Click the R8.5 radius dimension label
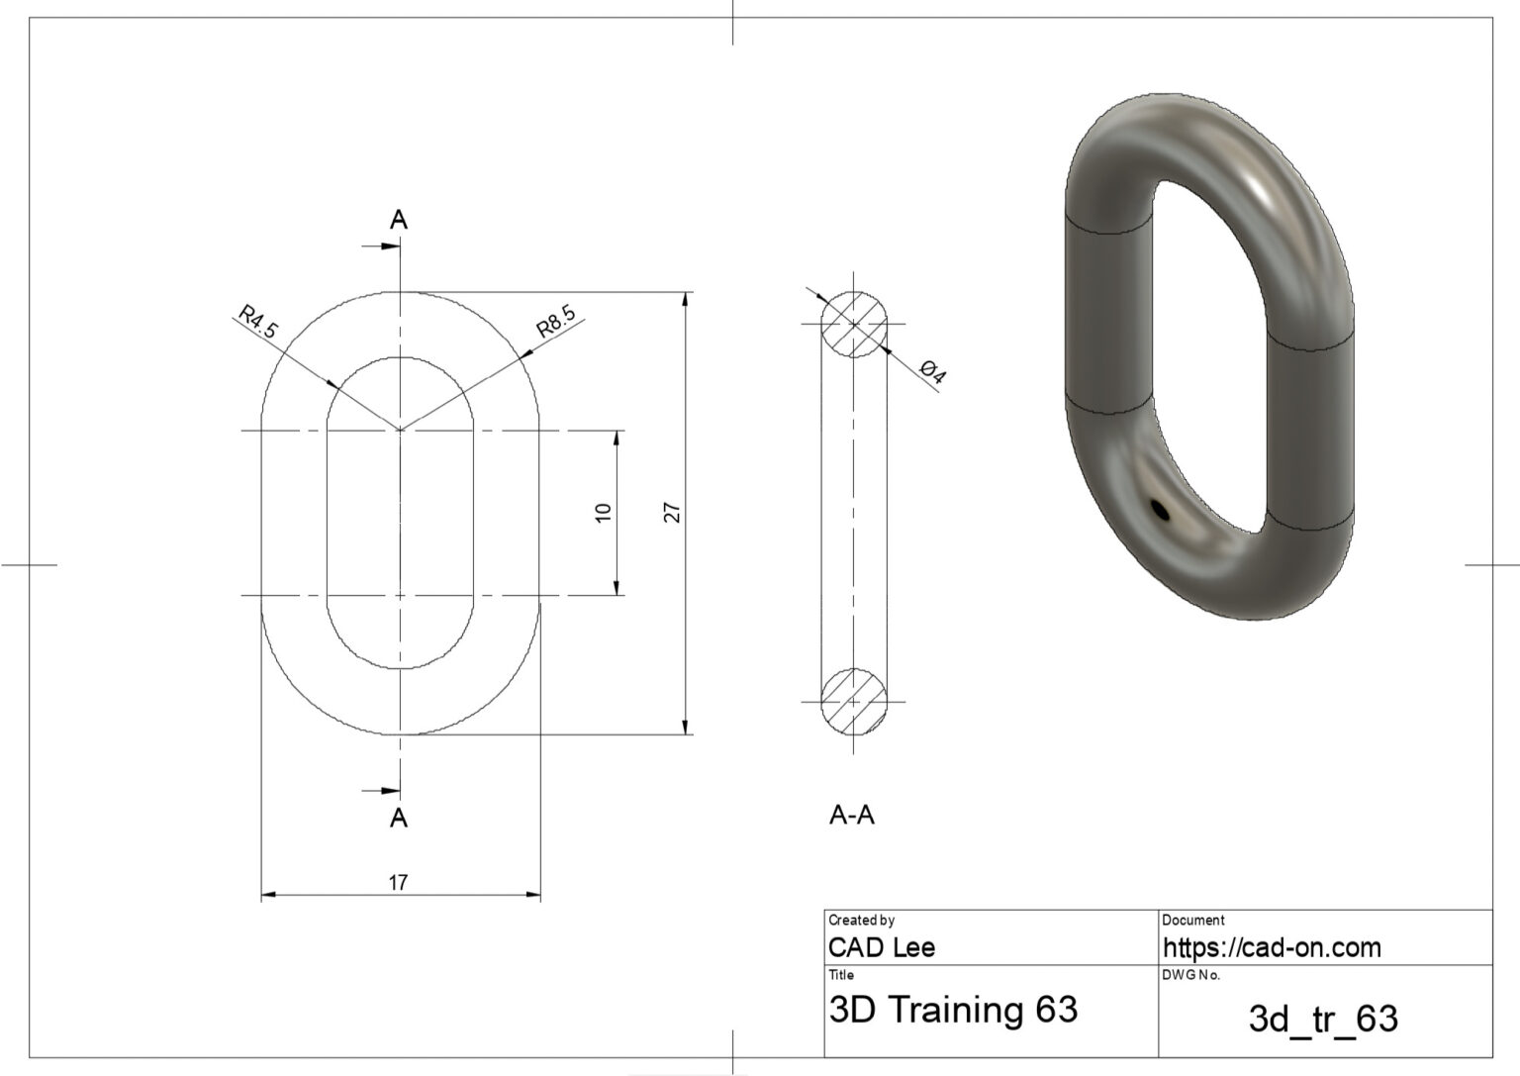tap(555, 322)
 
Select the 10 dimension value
tap(604, 512)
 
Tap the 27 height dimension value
tap(673, 512)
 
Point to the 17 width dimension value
tap(398, 882)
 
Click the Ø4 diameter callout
tap(932, 373)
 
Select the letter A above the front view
tap(399, 220)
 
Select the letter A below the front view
tap(399, 818)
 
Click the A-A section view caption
tap(851, 816)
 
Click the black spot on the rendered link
tap(1160, 510)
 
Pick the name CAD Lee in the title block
tap(881, 947)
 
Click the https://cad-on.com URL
tap(1271, 947)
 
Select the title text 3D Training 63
tap(952, 1010)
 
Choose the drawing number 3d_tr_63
tap(1323, 1019)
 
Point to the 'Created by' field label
tap(861, 920)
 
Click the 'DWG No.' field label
tap(1190, 975)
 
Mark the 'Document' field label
tap(1192, 920)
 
